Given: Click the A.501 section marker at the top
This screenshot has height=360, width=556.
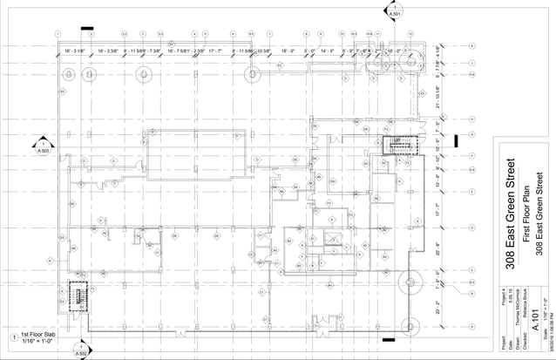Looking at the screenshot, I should coord(394,11).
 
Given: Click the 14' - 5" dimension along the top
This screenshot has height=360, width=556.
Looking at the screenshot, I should coord(327,51).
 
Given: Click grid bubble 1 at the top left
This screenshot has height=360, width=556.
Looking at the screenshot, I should coord(56,34).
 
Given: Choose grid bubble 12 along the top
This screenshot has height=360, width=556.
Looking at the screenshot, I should coord(410,34).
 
